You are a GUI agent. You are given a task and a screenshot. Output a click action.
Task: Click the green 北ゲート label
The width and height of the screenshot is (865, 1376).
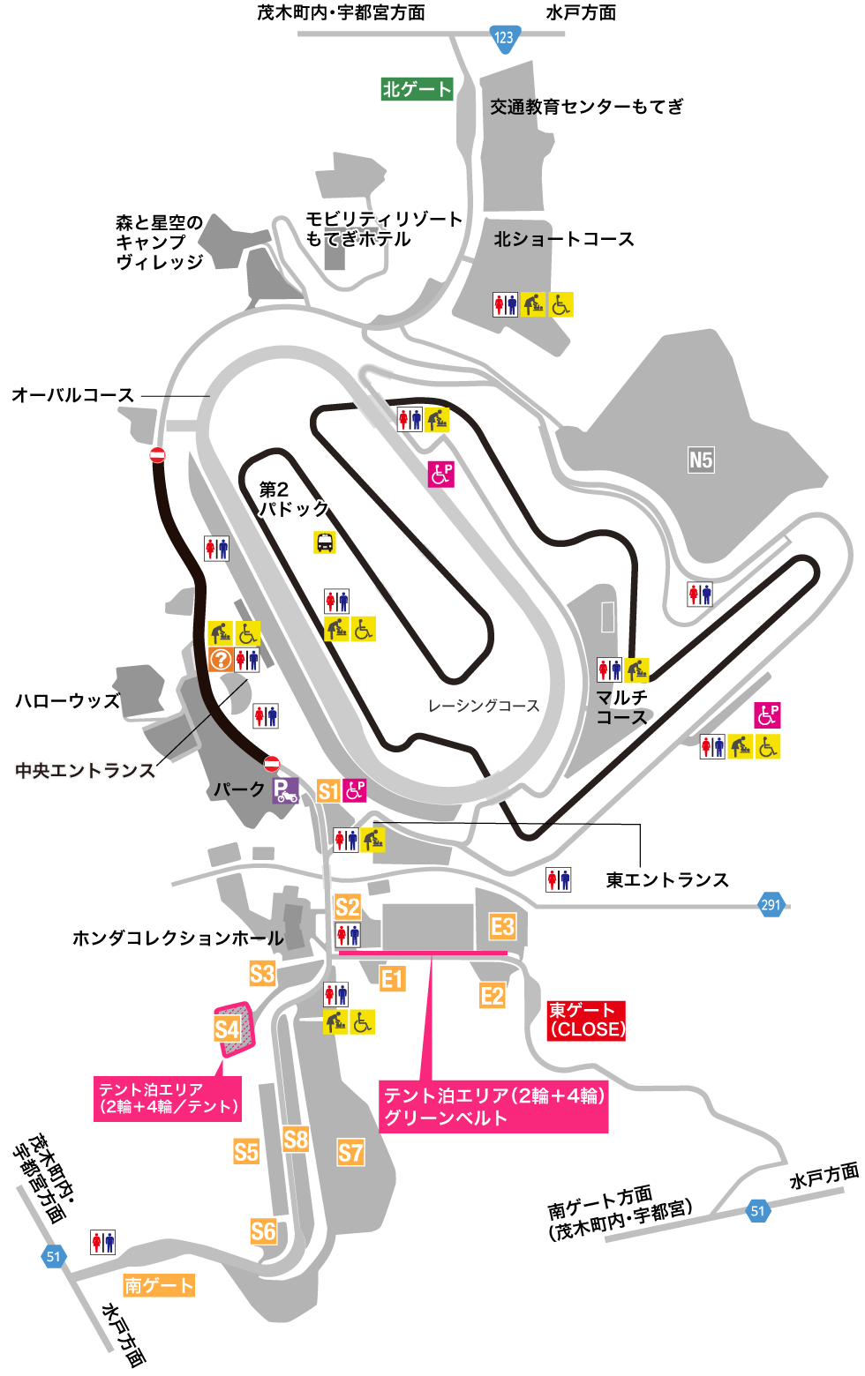coord(417,89)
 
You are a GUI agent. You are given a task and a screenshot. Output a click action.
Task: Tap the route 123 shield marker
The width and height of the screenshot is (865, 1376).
coord(504,38)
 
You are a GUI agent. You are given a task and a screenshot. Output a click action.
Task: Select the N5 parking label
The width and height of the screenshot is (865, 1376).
coord(701,460)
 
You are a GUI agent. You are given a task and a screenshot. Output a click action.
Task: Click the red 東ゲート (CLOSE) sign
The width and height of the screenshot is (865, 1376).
coord(586,1021)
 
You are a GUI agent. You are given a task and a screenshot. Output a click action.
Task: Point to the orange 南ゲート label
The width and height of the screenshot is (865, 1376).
coord(159,1285)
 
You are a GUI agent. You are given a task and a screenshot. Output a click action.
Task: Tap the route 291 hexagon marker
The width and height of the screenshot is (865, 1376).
coord(771,904)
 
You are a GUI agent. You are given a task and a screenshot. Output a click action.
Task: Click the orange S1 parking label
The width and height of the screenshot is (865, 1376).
coord(328,791)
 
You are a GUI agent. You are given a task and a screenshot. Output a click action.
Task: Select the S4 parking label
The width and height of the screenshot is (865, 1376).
coord(227,1029)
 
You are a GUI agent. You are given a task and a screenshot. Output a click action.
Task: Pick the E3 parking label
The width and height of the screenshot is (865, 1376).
coord(502,926)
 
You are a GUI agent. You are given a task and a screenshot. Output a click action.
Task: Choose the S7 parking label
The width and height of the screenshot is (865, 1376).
coord(350,1152)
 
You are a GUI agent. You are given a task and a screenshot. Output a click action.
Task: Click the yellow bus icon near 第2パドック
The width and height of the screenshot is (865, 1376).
coord(325,542)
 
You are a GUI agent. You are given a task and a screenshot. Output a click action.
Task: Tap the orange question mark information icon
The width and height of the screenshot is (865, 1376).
coord(221,659)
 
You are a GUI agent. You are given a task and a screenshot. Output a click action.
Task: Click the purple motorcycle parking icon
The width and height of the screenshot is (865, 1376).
coord(285,790)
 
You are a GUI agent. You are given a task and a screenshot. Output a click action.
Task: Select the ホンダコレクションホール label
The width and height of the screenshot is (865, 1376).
coord(177,939)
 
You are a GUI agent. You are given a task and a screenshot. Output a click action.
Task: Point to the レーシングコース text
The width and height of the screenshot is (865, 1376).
coord(484,706)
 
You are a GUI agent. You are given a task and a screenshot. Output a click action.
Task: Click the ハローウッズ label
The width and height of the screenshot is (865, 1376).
coord(67,701)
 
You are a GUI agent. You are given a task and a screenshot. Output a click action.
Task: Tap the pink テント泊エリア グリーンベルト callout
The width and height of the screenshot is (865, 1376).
coord(493,1106)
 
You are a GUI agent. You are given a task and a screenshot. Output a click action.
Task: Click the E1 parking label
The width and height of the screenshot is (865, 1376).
coord(392,978)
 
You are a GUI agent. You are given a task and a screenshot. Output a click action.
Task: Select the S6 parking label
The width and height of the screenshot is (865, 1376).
coord(263,1230)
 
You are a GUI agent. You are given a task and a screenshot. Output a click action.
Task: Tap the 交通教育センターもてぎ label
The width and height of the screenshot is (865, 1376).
coord(587,107)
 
